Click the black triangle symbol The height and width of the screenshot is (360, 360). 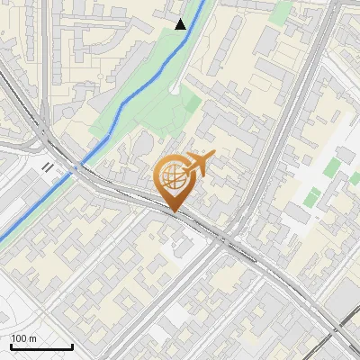point(181,24)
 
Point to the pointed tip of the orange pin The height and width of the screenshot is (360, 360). point(175,212)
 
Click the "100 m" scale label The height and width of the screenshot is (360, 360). point(24,338)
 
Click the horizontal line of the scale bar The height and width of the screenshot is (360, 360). point(41,346)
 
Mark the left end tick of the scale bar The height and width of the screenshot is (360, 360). point(11,345)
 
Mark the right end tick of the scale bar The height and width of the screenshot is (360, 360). point(72,345)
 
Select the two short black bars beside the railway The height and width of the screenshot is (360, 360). point(47,166)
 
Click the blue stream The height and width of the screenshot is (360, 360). point(135,99)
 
